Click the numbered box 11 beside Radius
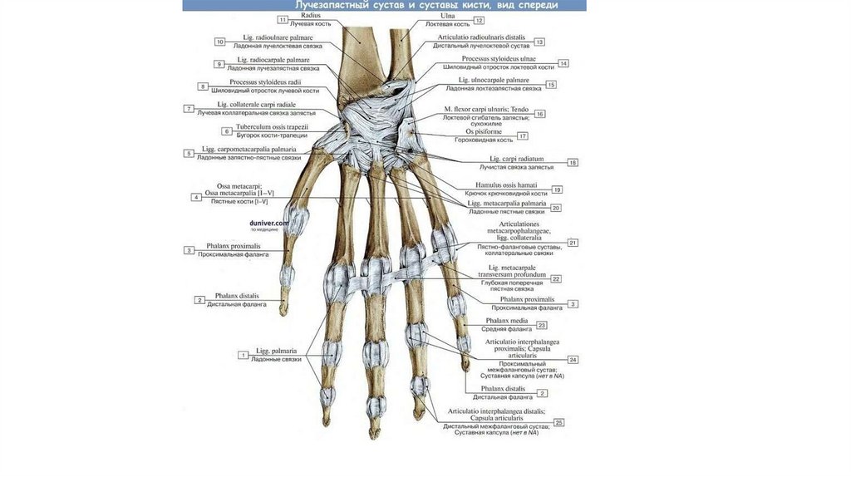point(283,19)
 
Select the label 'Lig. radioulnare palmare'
point(271,38)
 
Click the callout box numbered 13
point(539,42)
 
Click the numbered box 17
point(523,135)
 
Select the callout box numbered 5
point(189,154)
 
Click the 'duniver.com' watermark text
point(268,224)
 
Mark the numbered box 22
point(556,279)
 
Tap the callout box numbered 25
point(559,422)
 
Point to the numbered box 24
point(573,360)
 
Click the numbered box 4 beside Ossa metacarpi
point(196,197)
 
